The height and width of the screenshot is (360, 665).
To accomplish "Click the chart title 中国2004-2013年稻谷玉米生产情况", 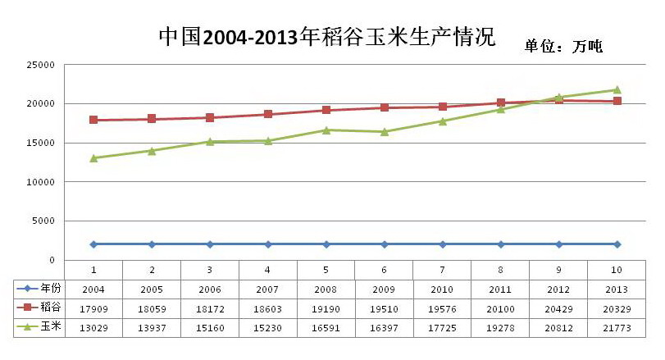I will (x=326, y=36).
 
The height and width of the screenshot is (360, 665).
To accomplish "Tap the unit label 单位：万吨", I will (x=563, y=47).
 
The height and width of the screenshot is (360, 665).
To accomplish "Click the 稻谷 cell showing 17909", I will (x=93, y=308).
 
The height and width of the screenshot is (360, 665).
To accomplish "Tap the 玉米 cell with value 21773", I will (x=617, y=327).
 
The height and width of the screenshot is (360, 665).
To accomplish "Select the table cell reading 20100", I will (x=500, y=308).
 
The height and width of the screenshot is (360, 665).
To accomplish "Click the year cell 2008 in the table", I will (x=326, y=289).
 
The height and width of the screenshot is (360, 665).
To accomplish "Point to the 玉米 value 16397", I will (x=384, y=327).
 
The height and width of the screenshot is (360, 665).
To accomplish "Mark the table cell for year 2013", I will (x=617, y=289).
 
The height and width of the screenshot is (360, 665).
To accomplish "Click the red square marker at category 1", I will (x=93, y=120).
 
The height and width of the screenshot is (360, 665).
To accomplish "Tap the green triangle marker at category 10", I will (x=617, y=89).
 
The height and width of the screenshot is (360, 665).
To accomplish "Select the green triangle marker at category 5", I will (x=326, y=130).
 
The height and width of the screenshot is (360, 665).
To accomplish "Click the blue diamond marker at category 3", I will (x=210, y=244).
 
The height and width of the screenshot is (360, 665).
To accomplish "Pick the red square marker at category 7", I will (x=443, y=107).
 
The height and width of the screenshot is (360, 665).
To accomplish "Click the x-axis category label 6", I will (x=384, y=270).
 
